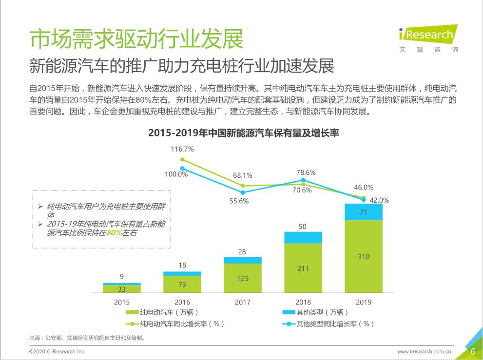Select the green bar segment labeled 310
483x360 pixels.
point(363,257)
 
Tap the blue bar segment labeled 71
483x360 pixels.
point(363,212)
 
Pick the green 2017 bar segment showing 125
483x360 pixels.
point(243,278)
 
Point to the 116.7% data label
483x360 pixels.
point(182,149)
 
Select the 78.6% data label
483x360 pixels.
point(306,172)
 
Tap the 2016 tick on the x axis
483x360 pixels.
point(182,302)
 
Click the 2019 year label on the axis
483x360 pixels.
point(363,302)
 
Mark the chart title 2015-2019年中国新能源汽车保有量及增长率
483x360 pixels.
point(243,133)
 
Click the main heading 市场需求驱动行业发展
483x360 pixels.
point(136,39)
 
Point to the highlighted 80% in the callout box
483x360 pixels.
point(115,233)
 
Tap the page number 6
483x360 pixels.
point(472,351)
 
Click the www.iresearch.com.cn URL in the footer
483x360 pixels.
point(424,351)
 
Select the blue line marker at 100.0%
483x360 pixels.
point(182,169)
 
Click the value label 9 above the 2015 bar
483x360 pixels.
point(122,276)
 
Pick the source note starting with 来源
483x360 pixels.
point(88,338)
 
